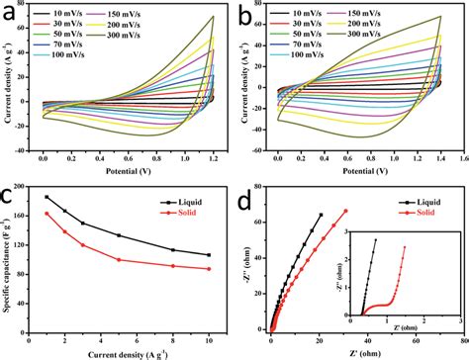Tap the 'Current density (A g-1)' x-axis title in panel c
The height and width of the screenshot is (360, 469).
click(x=128, y=353)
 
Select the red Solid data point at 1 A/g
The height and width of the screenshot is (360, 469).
click(x=47, y=214)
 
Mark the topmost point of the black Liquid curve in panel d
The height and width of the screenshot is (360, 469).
click(x=322, y=215)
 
